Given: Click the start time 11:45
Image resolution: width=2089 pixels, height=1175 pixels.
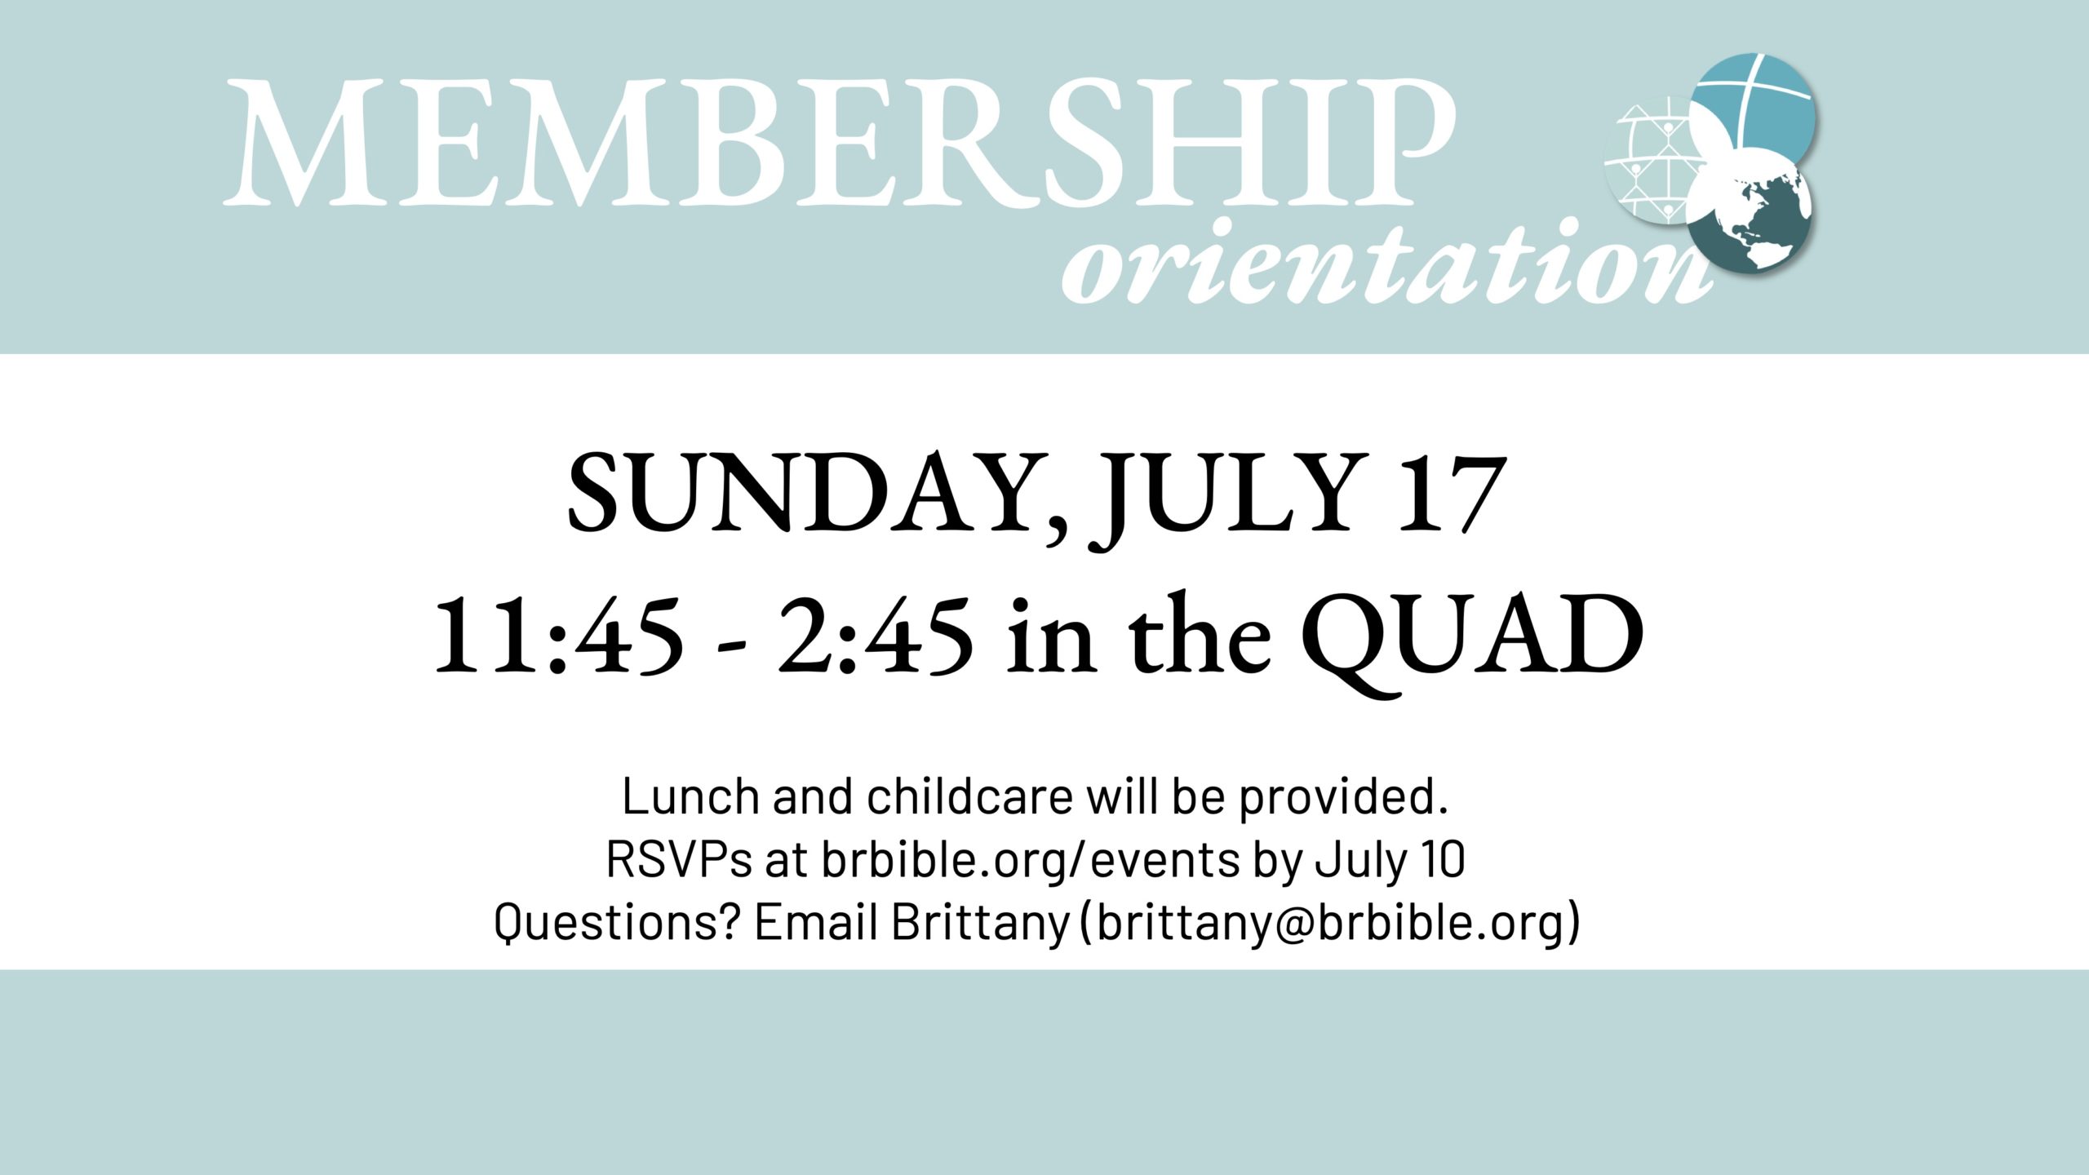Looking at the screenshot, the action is tap(559, 634).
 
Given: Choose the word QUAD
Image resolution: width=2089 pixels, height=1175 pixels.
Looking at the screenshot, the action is tap(1473, 641).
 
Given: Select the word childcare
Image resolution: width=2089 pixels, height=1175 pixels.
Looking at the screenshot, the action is tap(969, 796).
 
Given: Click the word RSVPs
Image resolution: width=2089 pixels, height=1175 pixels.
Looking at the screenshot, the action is tap(678, 860).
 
